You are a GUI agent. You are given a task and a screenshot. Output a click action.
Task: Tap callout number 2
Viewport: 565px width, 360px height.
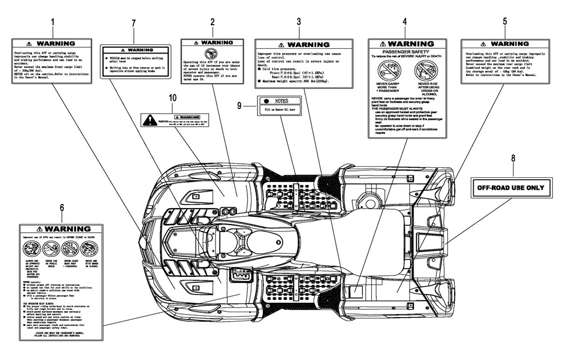[x=212, y=22]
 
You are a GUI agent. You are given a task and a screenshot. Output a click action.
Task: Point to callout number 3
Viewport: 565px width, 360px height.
[x=299, y=22]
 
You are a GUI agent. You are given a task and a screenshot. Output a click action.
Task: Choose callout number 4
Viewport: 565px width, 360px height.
[x=405, y=22]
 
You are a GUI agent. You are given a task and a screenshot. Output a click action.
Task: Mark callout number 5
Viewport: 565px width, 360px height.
[x=504, y=22]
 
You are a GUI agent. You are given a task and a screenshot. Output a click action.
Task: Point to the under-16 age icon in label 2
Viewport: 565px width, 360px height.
[x=213, y=54]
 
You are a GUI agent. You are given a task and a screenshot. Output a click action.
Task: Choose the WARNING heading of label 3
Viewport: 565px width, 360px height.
[x=304, y=45]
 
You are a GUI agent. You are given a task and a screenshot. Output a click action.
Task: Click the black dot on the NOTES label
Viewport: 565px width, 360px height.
[x=267, y=101]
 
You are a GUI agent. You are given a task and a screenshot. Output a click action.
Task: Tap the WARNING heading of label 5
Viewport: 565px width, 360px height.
[x=505, y=44]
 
